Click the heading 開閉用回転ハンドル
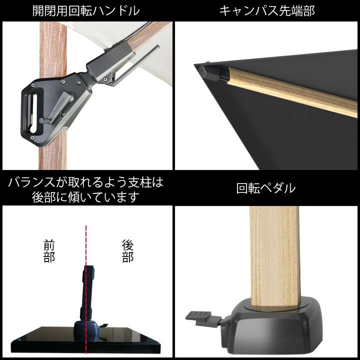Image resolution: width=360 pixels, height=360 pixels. tap(86, 11)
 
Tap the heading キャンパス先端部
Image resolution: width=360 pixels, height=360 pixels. tap(267, 11)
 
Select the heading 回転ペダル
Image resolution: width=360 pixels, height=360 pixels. tap(266, 188)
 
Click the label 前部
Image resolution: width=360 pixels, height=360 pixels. tap(49, 250)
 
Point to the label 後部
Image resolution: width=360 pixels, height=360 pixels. tap(128, 250)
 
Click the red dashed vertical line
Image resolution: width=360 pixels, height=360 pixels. tap(86, 289)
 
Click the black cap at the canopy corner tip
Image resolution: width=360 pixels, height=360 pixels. tap(210, 71)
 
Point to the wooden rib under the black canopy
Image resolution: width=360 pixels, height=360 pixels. tap(291, 92)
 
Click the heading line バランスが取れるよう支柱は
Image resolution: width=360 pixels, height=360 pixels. tap(85, 182)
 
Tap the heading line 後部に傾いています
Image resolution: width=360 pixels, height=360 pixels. tap(85, 197)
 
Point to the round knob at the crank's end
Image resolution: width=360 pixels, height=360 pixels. tap(42, 120)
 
